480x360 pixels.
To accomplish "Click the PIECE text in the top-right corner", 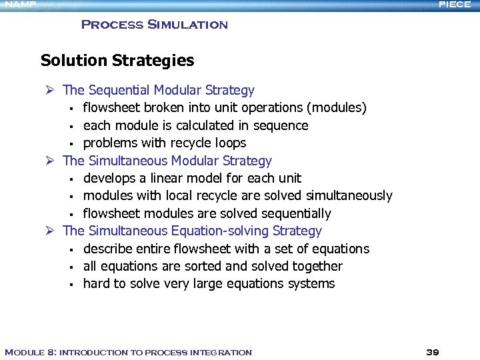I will pyautogui.click(x=455, y=5).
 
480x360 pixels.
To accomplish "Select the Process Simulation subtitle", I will pyautogui.click(x=154, y=25).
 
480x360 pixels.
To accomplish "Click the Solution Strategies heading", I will pyautogui.click(x=117, y=61).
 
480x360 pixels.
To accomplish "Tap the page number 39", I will pyautogui.click(x=433, y=352).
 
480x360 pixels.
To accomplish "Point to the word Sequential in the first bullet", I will pyautogui.click(x=119, y=90).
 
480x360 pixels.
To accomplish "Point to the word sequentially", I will pyautogui.click(x=295, y=214).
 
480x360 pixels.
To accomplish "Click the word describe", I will pyautogui.click(x=105, y=249).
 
